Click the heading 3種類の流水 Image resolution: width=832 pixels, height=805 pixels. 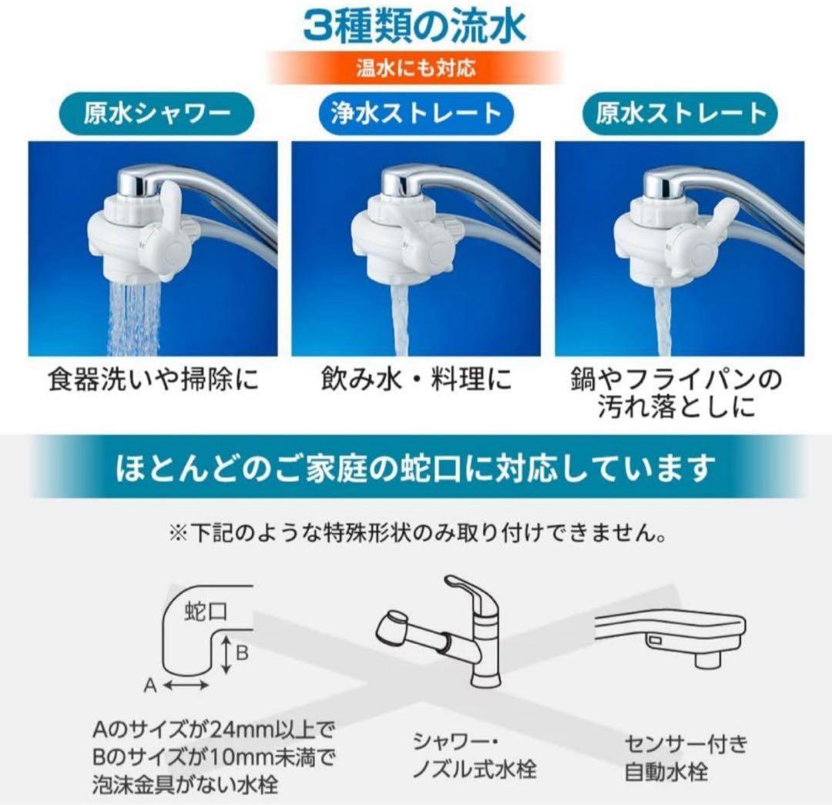coord(415,26)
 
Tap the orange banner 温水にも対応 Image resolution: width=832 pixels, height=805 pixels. coord(415,67)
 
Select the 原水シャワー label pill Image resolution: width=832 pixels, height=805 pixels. coord(157,115)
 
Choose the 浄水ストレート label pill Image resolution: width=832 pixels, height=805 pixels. coord(415,115)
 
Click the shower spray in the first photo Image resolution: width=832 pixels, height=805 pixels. coord(133,316)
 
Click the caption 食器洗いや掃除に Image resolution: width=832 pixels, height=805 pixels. coord(153,381)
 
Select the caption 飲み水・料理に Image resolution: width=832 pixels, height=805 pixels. coord(415,381)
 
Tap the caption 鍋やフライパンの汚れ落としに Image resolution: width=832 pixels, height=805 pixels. coord(677,394)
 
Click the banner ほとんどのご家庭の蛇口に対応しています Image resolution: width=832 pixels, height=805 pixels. coord(415,468)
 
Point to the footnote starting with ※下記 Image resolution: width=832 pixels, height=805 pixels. coord(417,532)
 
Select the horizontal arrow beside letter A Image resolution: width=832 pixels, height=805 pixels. coord(187,684)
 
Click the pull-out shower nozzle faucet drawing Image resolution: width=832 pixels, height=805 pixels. coord(447,639)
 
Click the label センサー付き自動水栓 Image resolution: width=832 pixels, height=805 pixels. coord(686,756)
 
